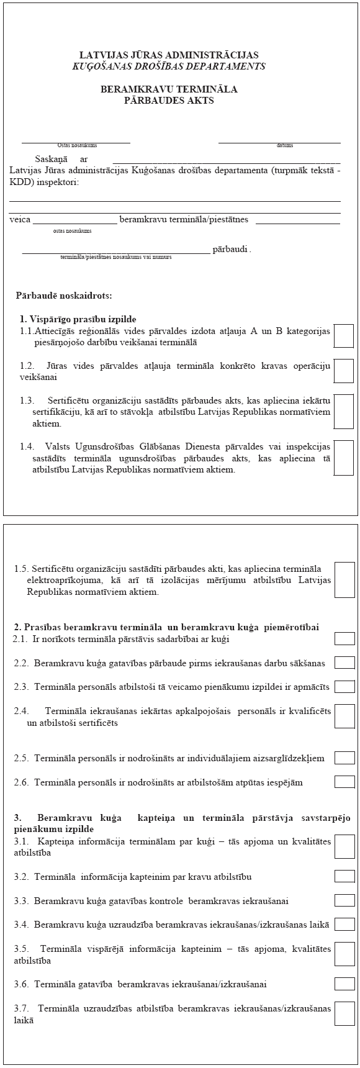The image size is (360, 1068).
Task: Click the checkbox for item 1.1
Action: [x=344, y=336]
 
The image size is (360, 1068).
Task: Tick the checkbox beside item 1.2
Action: [x=344, y=371]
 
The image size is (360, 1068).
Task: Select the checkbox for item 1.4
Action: [x=344, y=458]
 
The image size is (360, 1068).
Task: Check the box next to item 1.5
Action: [x=344, y=580]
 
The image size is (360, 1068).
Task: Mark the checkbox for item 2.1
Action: [x=344, y=639]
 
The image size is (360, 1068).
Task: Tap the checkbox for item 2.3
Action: [x=344, y=687]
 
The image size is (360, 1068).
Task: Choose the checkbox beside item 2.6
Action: [x=344, y=782]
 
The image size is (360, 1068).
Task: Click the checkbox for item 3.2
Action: [x=344, y=876]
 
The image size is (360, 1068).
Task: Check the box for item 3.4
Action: [x=344, y=924]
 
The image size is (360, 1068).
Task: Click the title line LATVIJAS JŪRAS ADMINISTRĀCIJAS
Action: [x=169, y=55]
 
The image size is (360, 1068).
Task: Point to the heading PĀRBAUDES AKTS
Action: [x=169, y=100]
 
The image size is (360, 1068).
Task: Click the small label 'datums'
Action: [x=285, y=145]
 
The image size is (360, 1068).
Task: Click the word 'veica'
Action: [x=20, y=219]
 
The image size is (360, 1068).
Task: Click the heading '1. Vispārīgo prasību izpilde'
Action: [x=78, y=319]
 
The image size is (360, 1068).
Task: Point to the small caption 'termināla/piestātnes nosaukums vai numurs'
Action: [x=116, y=256]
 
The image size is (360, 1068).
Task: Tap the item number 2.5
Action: [x=21, y=758]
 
